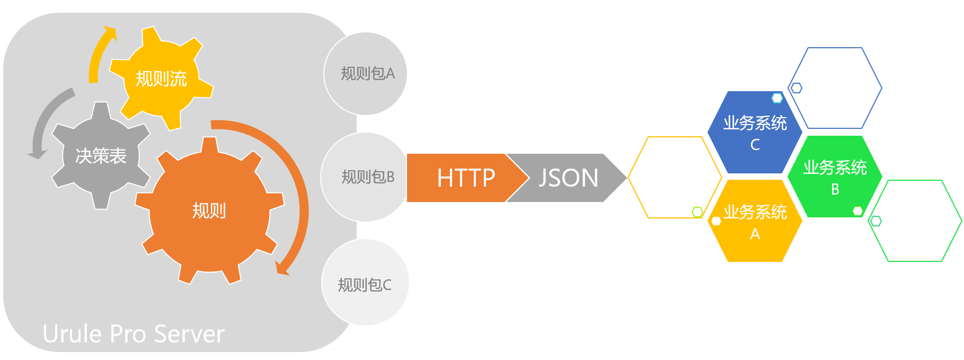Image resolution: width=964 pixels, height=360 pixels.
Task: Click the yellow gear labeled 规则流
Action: coord(161,78)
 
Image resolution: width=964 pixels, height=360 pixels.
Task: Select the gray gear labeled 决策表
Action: coord(101,155)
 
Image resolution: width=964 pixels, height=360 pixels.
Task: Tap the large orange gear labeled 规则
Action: coord(209,210)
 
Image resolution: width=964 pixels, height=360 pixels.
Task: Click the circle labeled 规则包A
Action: coord(365,74)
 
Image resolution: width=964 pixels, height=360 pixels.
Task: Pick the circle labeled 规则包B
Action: coord(365,177)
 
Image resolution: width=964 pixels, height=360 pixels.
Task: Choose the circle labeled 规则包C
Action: coord(365,282)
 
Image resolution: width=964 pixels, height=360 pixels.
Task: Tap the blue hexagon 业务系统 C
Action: coord(755,132)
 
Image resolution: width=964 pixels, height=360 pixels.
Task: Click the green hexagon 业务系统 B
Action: coord(835,177)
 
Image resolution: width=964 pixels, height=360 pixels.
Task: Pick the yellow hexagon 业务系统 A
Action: coord(755,221)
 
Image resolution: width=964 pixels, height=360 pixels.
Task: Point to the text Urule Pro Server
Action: coord(134,334)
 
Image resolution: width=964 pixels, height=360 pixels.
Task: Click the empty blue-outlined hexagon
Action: coord(835,88)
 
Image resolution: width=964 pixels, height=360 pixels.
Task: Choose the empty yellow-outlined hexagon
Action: coord(675,177)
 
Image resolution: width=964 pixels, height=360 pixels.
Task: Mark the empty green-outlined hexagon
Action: coord(915,221)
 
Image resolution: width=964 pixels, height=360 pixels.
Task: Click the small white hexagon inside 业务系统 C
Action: coord(777,98)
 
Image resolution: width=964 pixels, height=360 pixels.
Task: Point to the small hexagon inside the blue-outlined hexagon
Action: coord(796,88)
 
